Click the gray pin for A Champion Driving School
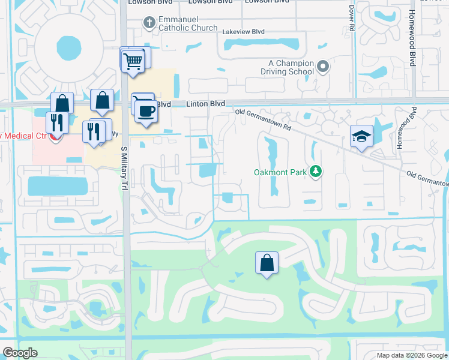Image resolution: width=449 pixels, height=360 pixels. point(323,67)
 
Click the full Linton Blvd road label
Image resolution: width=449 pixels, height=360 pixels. point(205,104)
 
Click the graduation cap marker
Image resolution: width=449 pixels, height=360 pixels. point(362,137)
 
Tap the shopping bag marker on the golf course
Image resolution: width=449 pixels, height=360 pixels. point(267,263)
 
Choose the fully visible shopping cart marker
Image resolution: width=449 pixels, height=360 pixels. point(133,60)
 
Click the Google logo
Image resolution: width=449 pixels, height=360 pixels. point(20,353)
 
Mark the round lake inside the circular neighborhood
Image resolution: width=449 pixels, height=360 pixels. point(68,46)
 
